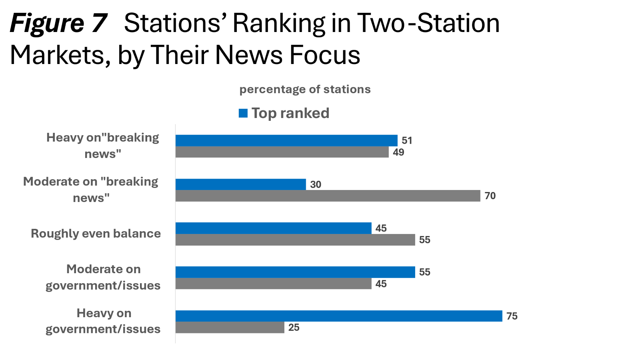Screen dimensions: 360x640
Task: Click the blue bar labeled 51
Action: [286, 140]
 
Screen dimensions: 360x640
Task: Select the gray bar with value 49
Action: [282, 152]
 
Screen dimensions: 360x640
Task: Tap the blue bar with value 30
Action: [240, 184]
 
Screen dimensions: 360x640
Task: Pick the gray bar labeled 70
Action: [328, 196]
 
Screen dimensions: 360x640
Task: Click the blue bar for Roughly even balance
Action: [273, 228]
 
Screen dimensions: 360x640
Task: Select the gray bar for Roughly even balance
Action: [295, 240]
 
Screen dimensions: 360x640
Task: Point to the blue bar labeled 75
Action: [339, 316]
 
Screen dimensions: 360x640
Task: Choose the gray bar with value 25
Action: [230, 328]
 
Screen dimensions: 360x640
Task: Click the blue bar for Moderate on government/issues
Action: [295, 272]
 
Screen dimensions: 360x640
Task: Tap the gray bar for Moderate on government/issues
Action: [273, 284]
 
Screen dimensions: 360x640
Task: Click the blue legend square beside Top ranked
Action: [243, 113]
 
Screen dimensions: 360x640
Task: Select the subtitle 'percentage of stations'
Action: [305, 89]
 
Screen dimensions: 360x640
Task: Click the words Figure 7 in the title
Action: [58, 23]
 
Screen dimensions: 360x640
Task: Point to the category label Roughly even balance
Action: [96, 234]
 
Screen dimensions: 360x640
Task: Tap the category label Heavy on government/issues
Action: [103, 321]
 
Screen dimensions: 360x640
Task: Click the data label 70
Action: [490, 196]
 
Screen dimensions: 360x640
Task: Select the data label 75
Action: [512, 316]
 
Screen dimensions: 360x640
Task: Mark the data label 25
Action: [294, 328]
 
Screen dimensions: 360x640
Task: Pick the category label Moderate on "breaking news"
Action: [91, 190]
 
